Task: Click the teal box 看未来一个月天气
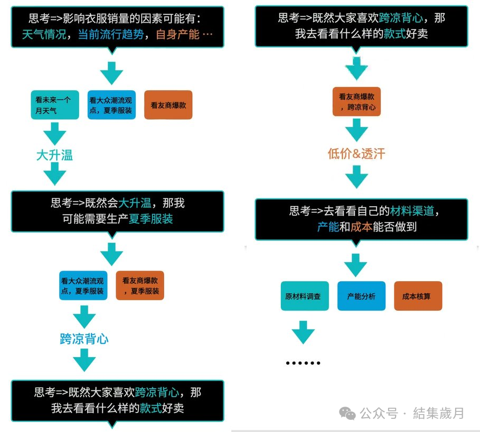point(54,104)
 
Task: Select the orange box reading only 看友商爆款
point(168,104)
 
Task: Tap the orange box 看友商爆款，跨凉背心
point(357,102)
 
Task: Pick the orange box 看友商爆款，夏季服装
point(140,285)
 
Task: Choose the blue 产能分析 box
point(361,296)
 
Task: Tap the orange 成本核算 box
point(418,296)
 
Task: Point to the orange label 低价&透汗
point(356,154)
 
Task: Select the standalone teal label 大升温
point(54,155)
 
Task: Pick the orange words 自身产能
point(177,35)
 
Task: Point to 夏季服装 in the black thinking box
point(153,218)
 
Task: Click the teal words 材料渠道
point(412,212)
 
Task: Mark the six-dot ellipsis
point(303,363)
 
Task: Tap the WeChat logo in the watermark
point(347,413)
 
